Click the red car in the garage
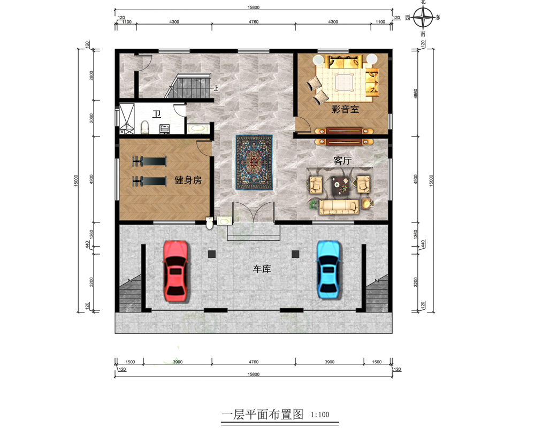tap(175, 271)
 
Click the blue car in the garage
tap(328, 270)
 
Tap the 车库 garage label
tap(262, 269)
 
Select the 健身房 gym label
tap(188, 180)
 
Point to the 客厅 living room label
tap(342, 160)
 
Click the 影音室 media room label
tap(345, 109)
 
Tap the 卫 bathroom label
tap(157, 114)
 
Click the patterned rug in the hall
tap(254, 162)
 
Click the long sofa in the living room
tap(339, 207)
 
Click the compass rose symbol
tap(423, 17)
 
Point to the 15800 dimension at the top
tap(254, 7)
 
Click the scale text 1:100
tap(320, 415)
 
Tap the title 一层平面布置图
tap(262, 415)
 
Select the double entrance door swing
tap(254, 212)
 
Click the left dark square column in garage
tap(212, 254)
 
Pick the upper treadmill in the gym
tap(149, 161)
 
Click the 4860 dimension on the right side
tap(416, 94)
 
